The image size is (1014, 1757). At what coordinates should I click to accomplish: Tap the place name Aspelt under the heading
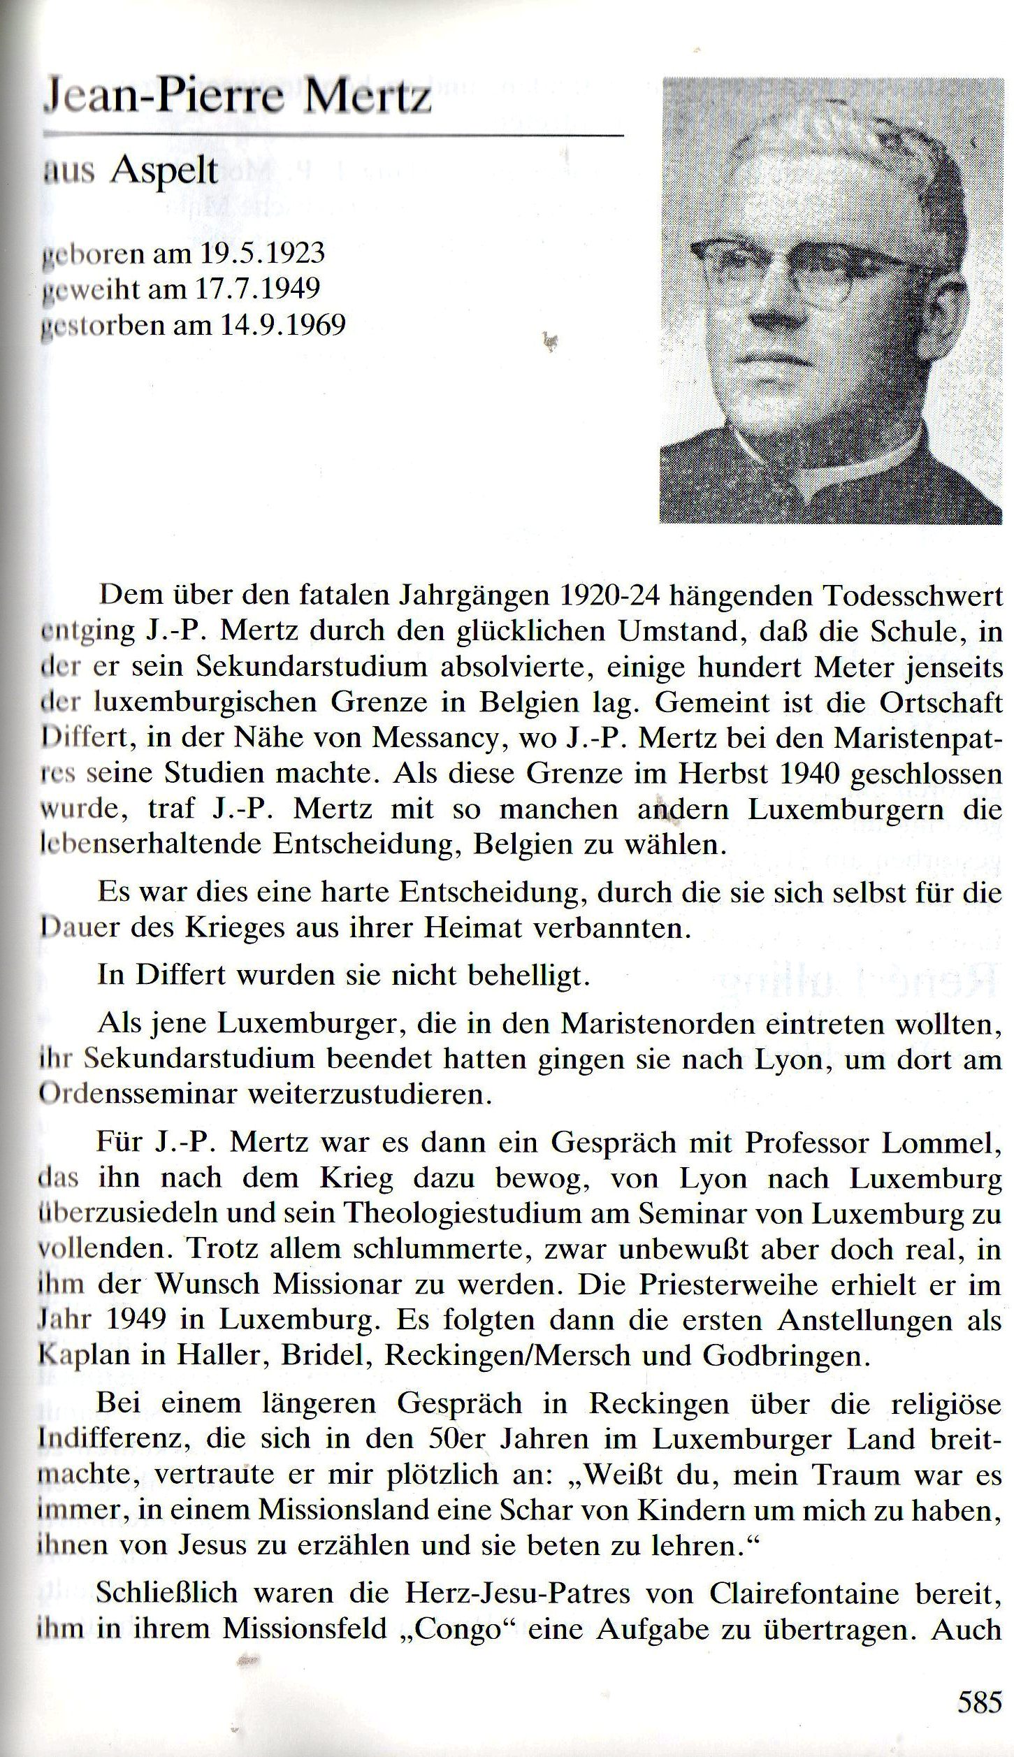pyautogui.click(x=164, y=169)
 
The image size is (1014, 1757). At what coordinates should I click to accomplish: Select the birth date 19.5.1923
pyautogui.click(x=263, y=253)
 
